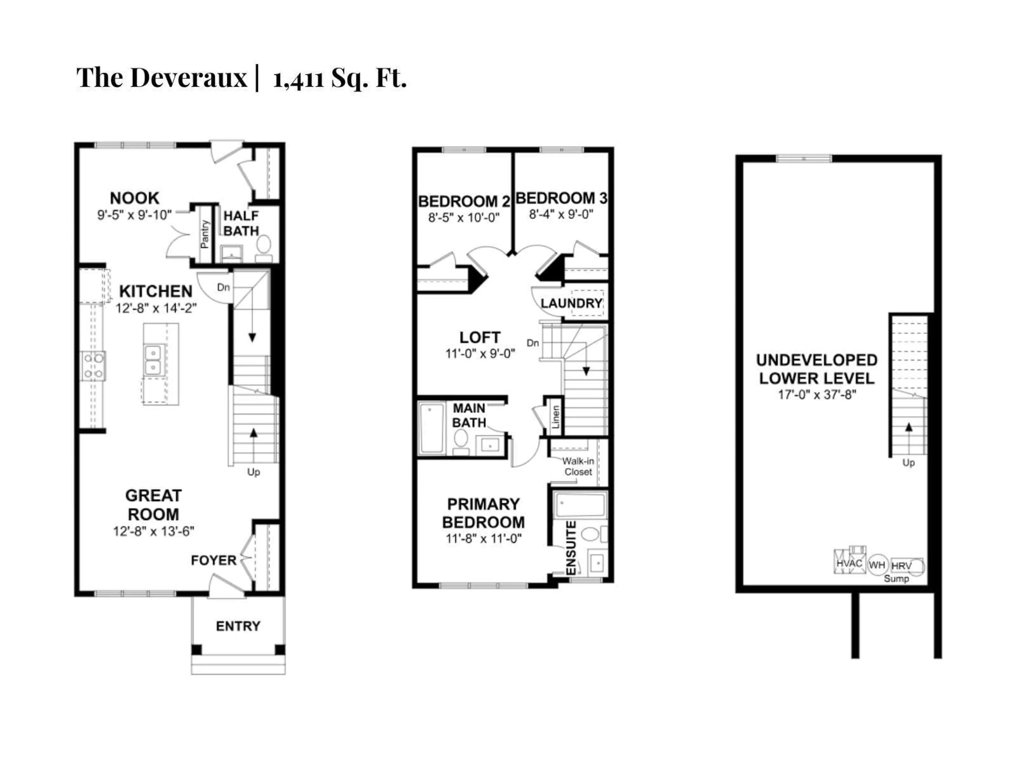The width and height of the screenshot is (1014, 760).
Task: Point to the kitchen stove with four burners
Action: (x=93, y=365)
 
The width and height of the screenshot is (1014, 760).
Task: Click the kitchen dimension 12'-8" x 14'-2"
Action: (x=156, y=308)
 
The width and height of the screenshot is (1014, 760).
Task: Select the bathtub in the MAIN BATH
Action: (x=432, y=428)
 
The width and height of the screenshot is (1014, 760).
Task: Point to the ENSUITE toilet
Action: (x=590, y=534)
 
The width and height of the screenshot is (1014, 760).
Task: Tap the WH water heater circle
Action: (x=877, y=565)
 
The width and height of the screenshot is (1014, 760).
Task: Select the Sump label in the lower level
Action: (x=896, y=579)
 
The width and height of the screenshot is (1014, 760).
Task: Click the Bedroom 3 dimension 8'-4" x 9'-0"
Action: (x=561, y=214)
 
